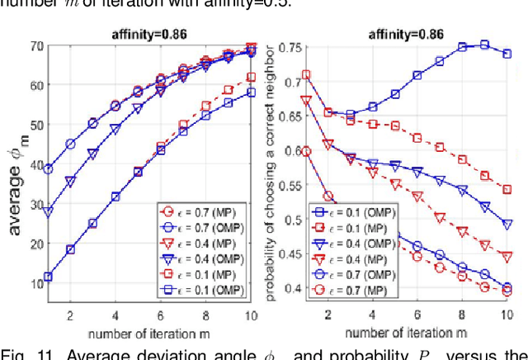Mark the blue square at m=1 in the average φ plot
pos(48,277)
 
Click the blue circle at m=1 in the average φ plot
pos(48,168)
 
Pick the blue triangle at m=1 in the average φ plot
pos(48,211)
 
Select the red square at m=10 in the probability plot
pos(507,189)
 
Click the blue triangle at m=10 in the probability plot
pos(507,224)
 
